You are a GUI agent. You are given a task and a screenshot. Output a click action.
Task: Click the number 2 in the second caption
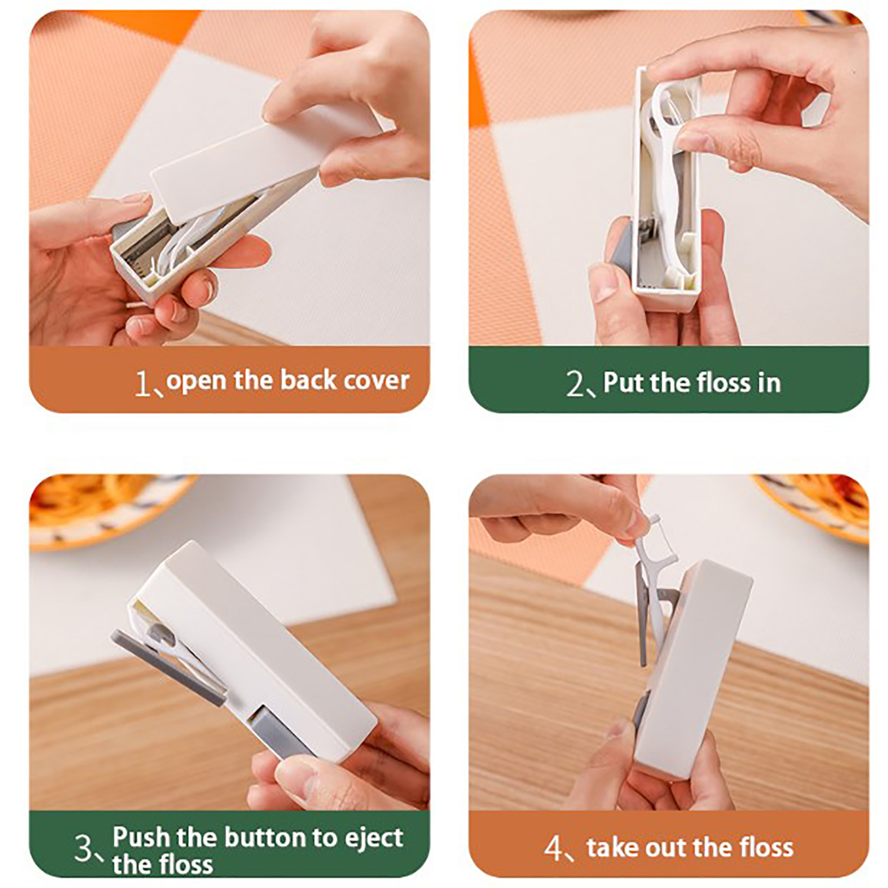coord(576,384)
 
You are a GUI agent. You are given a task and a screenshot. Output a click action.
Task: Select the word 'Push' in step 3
coord(141,837)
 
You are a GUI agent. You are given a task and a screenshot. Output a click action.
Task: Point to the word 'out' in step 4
coord(665,848)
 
